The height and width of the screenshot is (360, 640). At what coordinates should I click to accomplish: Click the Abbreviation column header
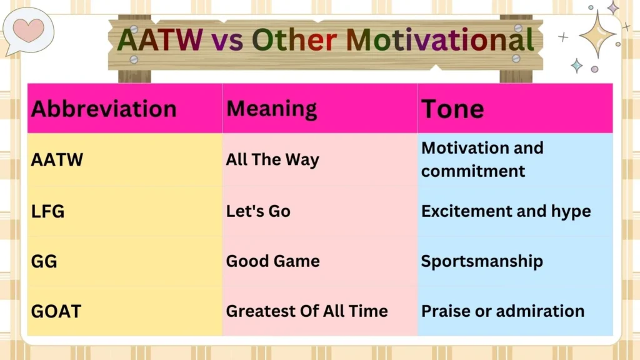click(104, 109)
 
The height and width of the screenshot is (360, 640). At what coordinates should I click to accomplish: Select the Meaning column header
click(271, 109)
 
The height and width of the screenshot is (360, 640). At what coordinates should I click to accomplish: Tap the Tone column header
click(452, 109)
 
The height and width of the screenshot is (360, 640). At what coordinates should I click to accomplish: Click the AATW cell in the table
click(57, 160)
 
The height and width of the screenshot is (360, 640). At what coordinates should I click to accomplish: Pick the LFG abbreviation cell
click(47, 211)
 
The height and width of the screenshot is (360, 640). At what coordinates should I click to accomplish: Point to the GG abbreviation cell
click(44, 261)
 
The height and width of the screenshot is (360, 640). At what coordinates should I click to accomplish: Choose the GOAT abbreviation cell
click(56, 311)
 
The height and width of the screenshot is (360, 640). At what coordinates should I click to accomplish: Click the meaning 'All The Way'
click(272, 160)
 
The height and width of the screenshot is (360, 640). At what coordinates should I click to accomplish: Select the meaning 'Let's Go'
click(258, 211)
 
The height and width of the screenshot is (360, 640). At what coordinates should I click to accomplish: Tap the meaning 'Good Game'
click(272, 261)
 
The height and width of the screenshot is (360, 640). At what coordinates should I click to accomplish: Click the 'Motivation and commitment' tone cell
click(482, 159)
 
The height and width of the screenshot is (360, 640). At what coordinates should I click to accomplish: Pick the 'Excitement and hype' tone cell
click(506, 211)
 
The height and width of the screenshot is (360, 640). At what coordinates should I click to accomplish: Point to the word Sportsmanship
click(482, 261)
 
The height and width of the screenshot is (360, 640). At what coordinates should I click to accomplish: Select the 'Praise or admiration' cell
click(502, 311)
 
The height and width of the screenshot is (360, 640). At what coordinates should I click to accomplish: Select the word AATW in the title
click(160, 41)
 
